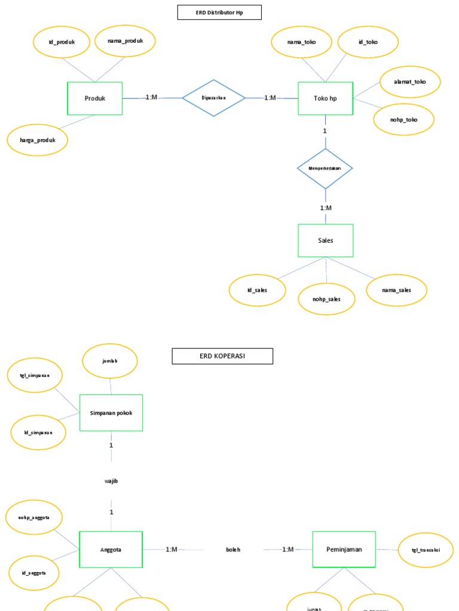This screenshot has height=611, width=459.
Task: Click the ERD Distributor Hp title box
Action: (x=219, y=13)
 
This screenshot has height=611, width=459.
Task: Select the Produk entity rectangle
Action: (x=94, y=98)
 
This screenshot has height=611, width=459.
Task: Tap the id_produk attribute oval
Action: (x=62, y=42)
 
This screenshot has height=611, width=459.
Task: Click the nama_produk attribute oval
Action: (x=125, y=41)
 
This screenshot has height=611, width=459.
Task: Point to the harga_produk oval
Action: (x=37, y=140)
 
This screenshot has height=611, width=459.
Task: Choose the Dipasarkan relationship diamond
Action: (x=213, y=98)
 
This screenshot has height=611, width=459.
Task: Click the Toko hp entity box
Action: (x=325, y=98)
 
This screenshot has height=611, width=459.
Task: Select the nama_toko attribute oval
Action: (x=301, y=42)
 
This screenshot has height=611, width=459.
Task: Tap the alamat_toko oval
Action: (x=410, y=82)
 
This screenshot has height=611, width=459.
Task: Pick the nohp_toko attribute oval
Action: (x=403, y=120)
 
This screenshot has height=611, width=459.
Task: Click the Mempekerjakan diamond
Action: (x=325, y=168)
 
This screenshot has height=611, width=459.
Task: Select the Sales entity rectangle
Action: (x=326, y=240)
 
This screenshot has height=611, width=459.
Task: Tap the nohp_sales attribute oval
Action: (x=326, y=298)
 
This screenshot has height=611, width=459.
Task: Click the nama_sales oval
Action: (x=397, y=291)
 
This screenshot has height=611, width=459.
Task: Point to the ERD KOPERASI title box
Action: (x=222, y=356)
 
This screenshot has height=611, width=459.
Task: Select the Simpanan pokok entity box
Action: (x=111, y=412)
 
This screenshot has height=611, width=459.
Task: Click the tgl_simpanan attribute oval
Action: (x=35, y=375)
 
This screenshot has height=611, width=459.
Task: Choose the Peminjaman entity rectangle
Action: (x=344, y=549)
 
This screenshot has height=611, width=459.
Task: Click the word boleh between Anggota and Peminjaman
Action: (x=233, y=550)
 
